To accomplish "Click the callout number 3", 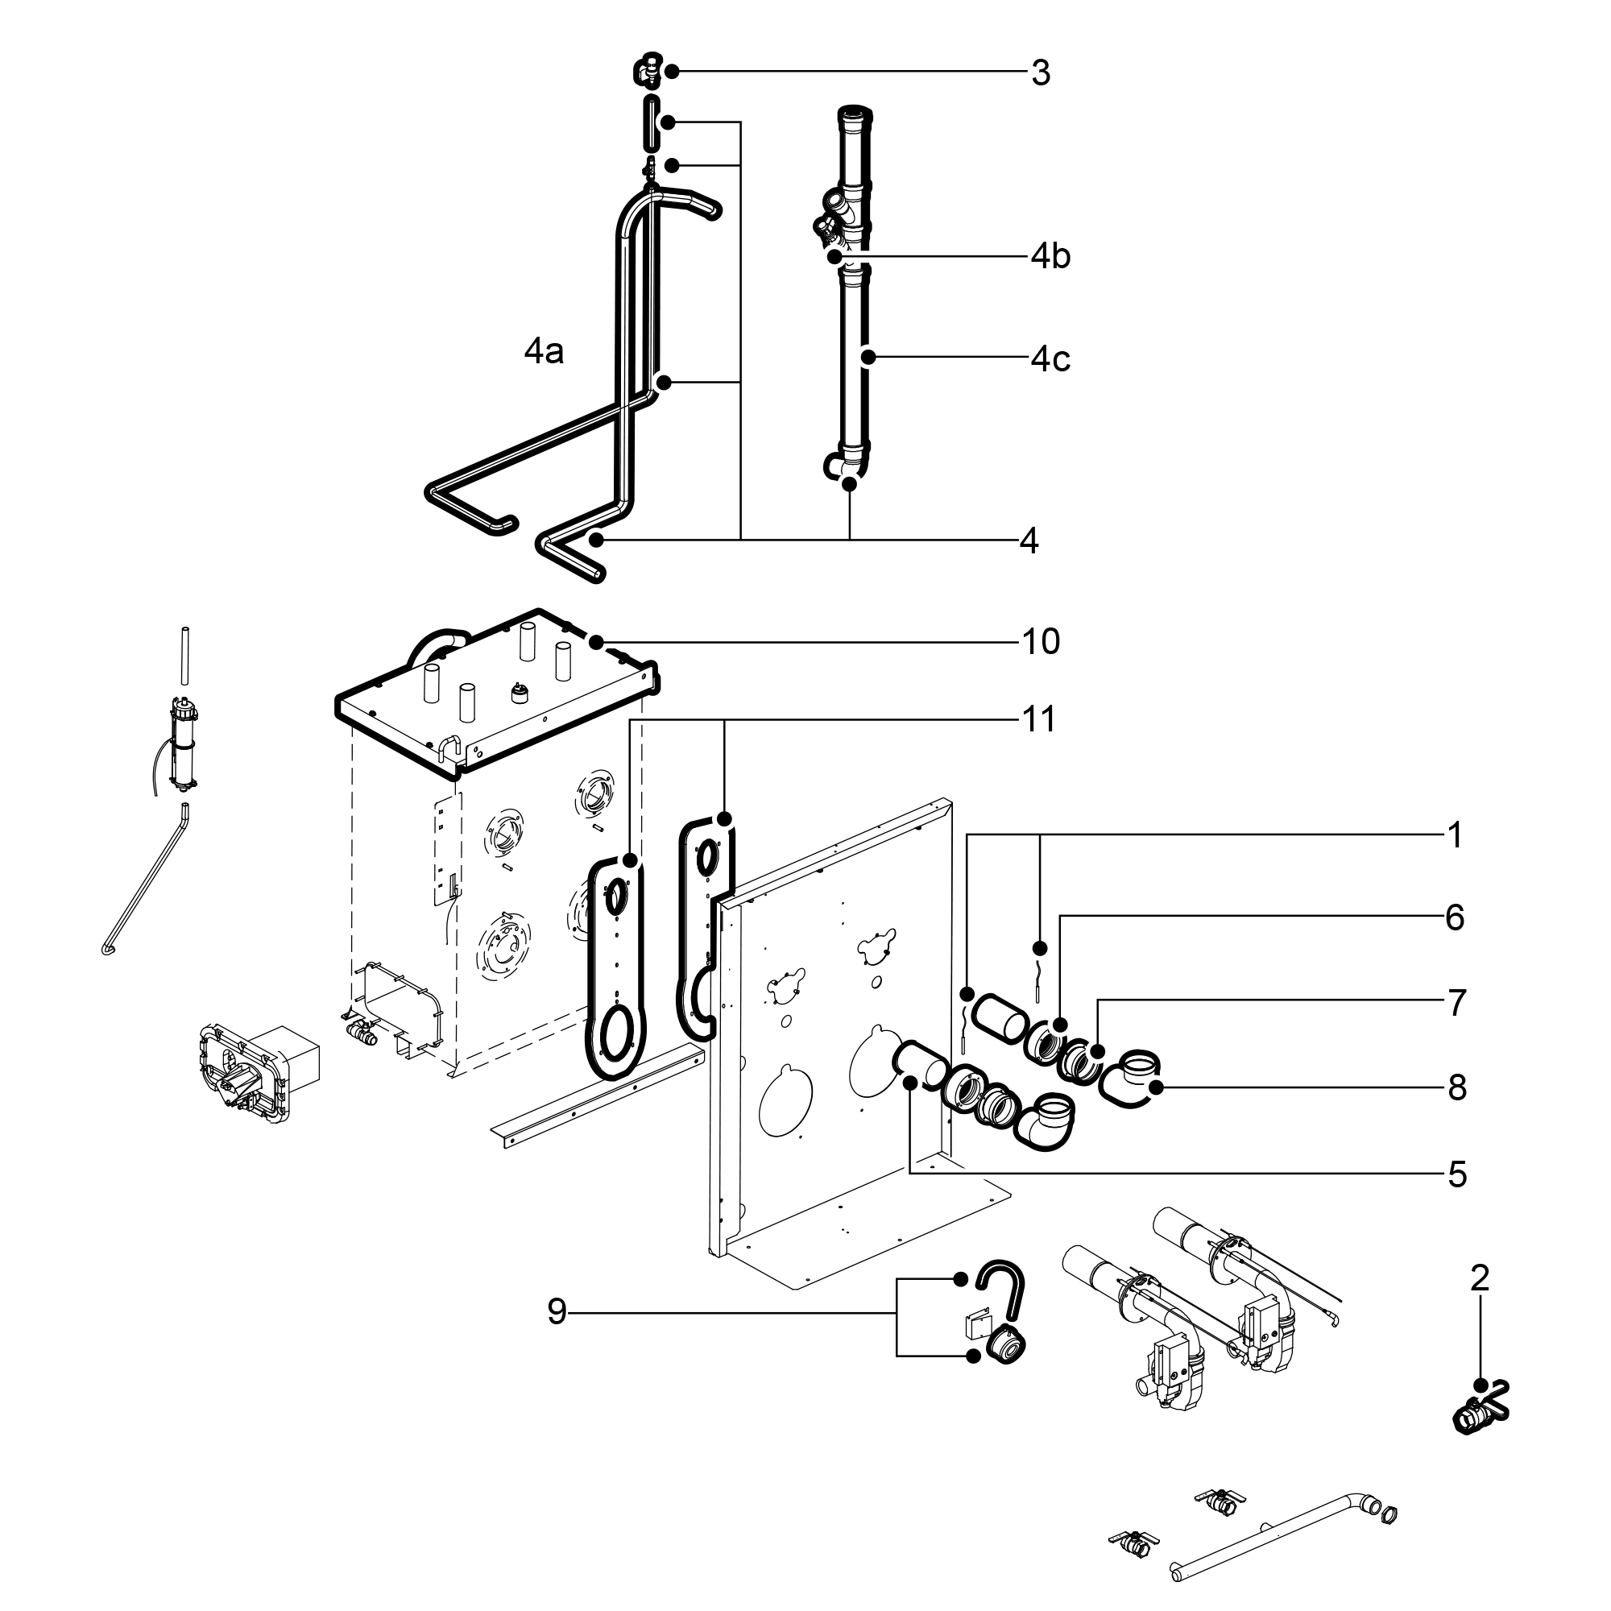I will pyautogui.click(x=1040, y=73).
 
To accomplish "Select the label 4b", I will pyautogui.click(x=1050, y=256).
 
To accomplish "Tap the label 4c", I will pyautogui.click(x=1050, y=358).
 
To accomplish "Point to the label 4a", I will pyautogui.click(x=544, y=352).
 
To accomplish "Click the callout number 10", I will pyautogui.click(x=1041, y=641).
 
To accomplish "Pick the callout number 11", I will pyautogui.click(x=1039, y=719).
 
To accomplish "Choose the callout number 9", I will pyautogui.click(x=557, y=1311).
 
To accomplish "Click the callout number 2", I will pyautogui.click(x=1479, y=1278).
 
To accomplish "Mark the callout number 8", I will pyautogui.click(x=1456, y=1087).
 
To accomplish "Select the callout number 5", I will pyautogui.click(x=1456, y=1174).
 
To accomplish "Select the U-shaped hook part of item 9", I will pyautogui.click(x=1000, y=1288).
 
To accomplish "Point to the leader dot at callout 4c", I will pyautogui.click(x=868, y=358).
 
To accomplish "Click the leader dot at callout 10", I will pyautogui.click(x=595, y=642).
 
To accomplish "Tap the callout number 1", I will pyautogui.click(x=1455, y=834).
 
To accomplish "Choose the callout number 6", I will pyautogui.click(x=1455, y=917).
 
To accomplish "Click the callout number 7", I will pyautogui.click(x=1456, y=1002).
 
